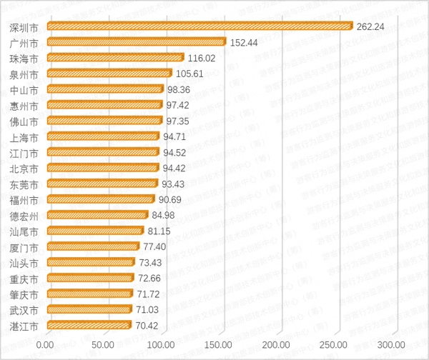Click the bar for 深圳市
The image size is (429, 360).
click(x=199, y=26)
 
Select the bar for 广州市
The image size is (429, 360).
click(x=136, y=41)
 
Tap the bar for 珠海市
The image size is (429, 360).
click(x=114, y=57)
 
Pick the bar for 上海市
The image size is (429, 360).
click(x=102, y=136)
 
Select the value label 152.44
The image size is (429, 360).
click(x=245, y=41)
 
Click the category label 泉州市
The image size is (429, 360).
click(x=24, y=74)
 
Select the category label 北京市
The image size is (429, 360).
click(x=24, y=168)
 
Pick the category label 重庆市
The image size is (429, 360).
click(x=24, y=278)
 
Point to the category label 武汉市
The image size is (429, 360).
click(x=24, y=309)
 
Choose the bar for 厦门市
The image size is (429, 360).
click(x=92, y=246)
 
